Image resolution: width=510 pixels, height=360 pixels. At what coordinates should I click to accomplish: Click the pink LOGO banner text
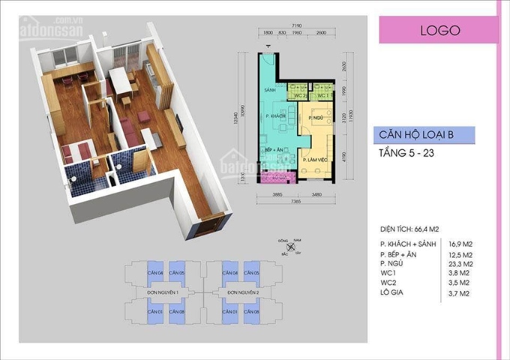point(439,31)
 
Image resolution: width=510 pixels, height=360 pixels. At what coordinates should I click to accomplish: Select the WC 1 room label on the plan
point(319,96)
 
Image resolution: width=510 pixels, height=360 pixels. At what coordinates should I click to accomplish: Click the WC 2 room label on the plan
point(298,96)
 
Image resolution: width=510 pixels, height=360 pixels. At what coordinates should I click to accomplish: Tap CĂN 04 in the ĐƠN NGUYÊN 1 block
point(155,272)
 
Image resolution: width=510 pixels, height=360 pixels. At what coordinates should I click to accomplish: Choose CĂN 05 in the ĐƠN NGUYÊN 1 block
point(176,272)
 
